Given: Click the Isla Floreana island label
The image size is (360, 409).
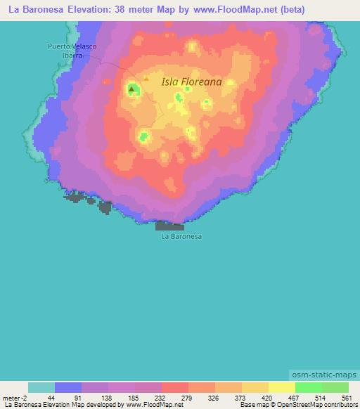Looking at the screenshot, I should pos(191,82).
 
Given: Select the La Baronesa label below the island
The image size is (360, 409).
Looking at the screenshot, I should pos(181,237).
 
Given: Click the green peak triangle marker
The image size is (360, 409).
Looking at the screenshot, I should pos(132,89).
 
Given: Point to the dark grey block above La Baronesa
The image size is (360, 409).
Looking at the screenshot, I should pos(169,226).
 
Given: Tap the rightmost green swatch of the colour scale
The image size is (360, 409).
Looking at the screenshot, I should pos(335,387).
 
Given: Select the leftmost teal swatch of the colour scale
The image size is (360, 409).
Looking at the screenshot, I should pos(41,387).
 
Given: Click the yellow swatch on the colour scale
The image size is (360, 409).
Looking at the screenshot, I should pos(282,387).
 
